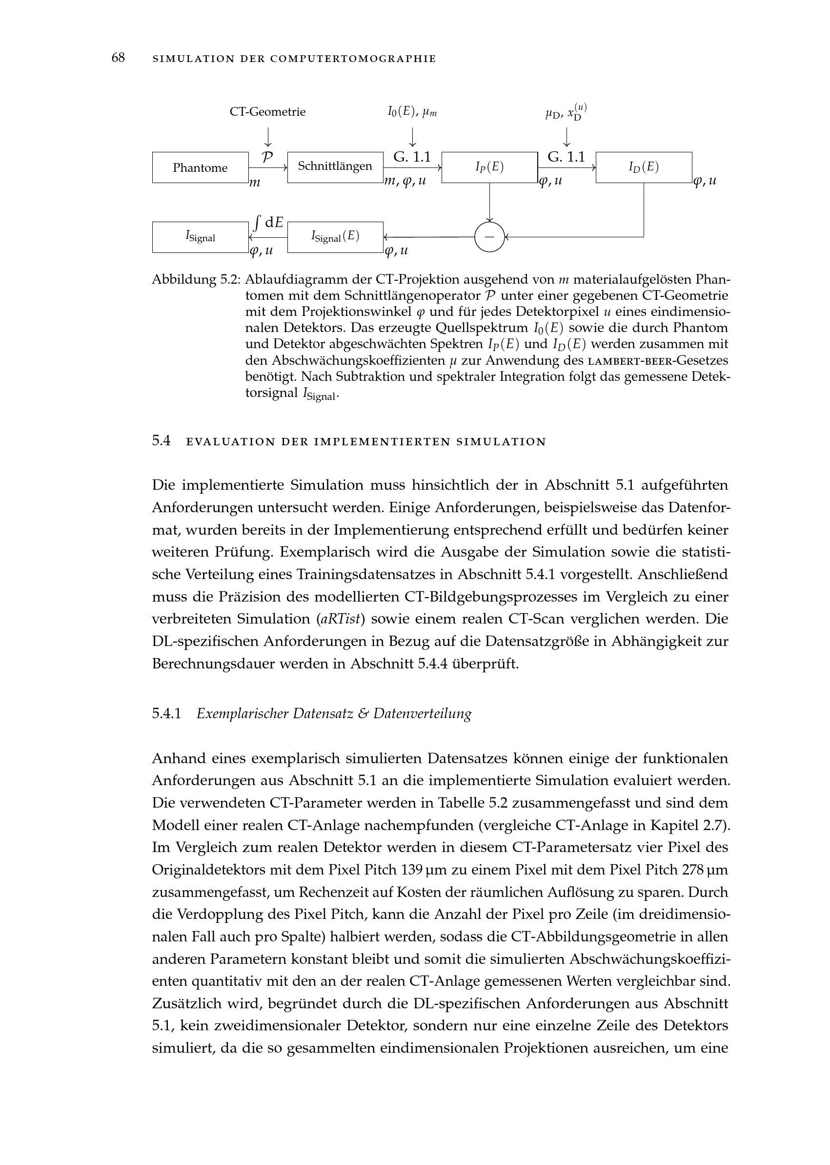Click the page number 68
tap(118, 58)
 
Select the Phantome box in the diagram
tap(200, 168)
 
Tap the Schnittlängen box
tap(335, 166)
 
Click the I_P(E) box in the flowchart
tap(489, 167)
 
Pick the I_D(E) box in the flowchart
tap(644, 167)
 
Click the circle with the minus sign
tap(489, 237)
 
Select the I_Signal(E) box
tap(335, 237)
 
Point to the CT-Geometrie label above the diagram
tap(267, 112)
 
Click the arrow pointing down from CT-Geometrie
tap(267, 137)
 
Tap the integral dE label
tap(269, 223)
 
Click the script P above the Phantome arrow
tap(267, 157)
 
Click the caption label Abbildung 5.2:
tap(196, 280)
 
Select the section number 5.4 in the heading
tap(161, 441)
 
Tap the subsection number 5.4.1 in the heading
tap(166, 713)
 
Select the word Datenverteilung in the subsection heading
tap(422, 714)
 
